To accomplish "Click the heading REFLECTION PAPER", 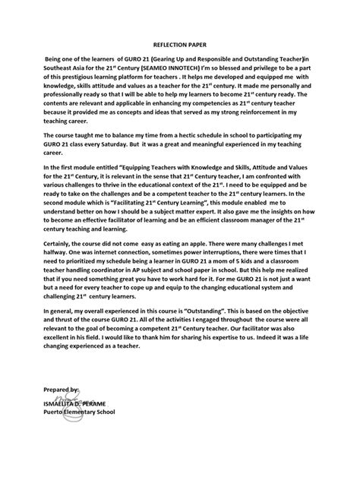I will click(x=179, y=46).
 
